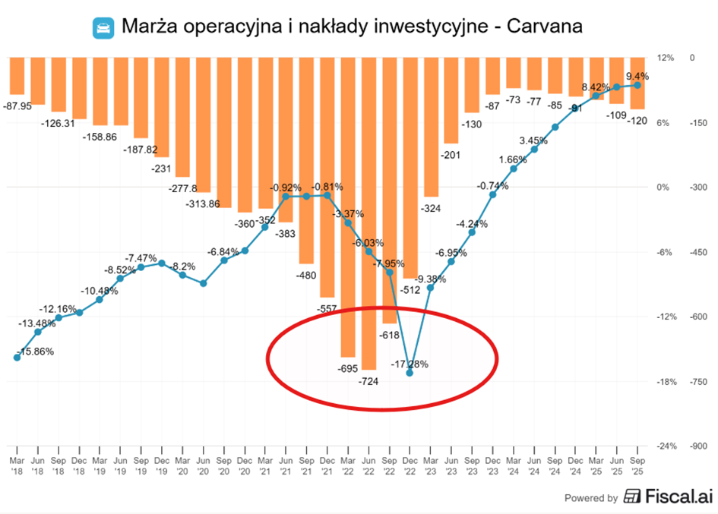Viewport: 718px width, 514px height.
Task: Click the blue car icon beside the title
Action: pos(103,28)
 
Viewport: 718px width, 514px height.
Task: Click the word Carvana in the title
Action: pos(544,27)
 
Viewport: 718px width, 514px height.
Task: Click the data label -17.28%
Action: pos(410,364)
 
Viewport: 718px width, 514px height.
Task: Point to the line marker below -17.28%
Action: pos(410,374)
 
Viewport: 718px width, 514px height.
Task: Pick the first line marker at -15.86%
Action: pos(17,357)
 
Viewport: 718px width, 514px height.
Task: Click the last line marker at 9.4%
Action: pos(637,85)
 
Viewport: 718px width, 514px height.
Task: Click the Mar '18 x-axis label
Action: pos(17,465)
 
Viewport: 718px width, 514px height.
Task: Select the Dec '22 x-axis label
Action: pos(410,465)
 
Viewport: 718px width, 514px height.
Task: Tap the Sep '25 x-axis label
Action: pos(637,465)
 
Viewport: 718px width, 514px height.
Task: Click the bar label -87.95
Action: pos(17,106)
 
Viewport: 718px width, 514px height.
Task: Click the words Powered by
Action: pos(590,498)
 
